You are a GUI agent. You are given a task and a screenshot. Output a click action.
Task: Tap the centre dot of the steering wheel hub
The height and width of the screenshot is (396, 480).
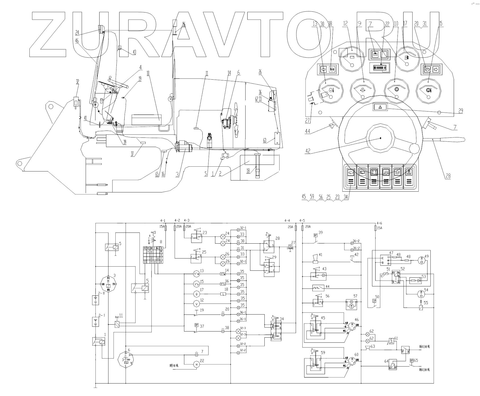tap(381, 138)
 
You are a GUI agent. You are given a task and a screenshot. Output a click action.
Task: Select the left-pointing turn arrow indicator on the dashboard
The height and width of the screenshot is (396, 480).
tap(323, 69)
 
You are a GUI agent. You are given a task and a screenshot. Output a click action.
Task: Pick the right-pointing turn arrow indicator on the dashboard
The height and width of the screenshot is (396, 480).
tap(435, 69)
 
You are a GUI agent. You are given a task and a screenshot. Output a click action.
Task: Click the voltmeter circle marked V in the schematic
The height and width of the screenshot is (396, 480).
tap(197, 303)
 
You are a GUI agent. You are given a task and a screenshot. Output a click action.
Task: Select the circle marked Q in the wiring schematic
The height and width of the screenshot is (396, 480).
tap(197, 294)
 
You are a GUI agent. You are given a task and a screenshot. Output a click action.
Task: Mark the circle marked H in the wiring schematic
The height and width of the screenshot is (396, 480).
tap(197, 365)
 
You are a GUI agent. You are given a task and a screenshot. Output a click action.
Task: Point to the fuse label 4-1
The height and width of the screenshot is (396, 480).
tap(163, 221)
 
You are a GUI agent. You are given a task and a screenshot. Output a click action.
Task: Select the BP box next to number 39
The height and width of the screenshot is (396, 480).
tap(316, 235)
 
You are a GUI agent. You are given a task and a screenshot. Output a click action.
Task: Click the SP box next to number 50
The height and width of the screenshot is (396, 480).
tap(374, 301)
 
